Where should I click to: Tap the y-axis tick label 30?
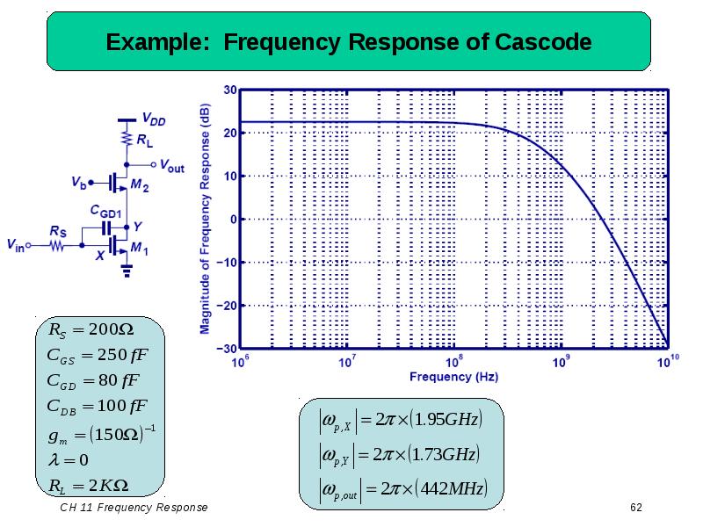(x=228, y=90)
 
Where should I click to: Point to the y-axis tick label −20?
(x=226, y=305)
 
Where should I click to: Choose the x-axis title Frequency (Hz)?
(x=453, y=377)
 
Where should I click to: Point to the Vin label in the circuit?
(x=17, y=247)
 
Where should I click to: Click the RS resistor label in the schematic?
(x=58, y=231)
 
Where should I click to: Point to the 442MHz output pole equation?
(x=401, y=488)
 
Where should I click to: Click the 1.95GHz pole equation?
(x=400, y=420)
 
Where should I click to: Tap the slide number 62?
(x=637, y=509)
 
